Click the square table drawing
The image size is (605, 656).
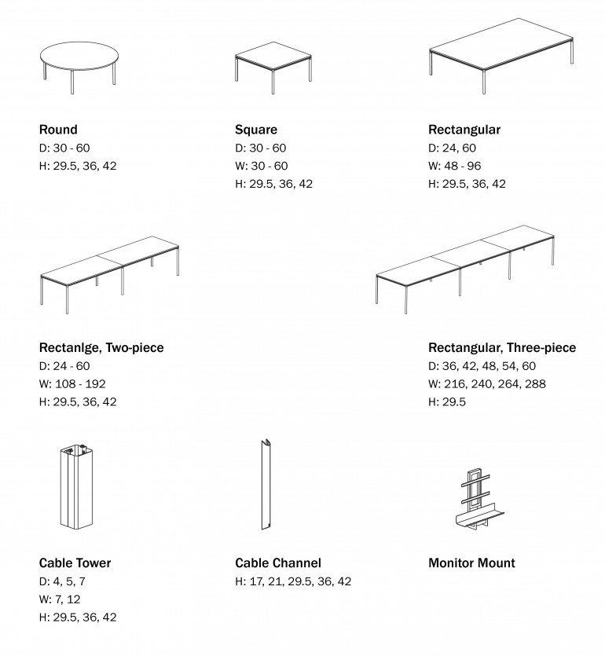pos(275,60)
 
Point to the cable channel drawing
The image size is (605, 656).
pos(266,485)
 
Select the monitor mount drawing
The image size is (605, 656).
pos(475,499)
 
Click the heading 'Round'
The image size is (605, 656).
pos(58,130)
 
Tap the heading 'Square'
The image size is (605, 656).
pos(255,130)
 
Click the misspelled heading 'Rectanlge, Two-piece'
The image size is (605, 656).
pos(101,347)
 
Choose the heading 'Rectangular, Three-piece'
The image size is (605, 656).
pos(501,347)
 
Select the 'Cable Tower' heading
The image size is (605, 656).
pos(75,563)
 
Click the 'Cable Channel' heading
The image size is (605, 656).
pos(277,563)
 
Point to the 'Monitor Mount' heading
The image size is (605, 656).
pos(471,563)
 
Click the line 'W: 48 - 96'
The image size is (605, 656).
pos(454,166)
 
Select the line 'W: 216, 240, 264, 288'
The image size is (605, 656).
pos(486,384)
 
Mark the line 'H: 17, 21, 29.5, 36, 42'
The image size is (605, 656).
pos(292,581)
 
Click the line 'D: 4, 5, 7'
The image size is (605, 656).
pos(62,581)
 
